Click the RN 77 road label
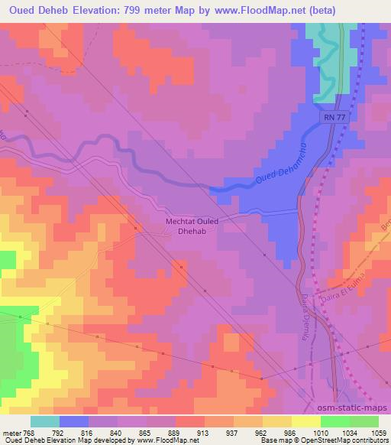(x=334, y=117)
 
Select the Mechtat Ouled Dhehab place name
(x=192, y=227)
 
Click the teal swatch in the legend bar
(x=45, y=421)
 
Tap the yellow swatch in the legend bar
(x=305, y=421)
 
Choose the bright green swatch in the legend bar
(x=334, y=421)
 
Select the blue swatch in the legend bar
(x=74, y=421)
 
